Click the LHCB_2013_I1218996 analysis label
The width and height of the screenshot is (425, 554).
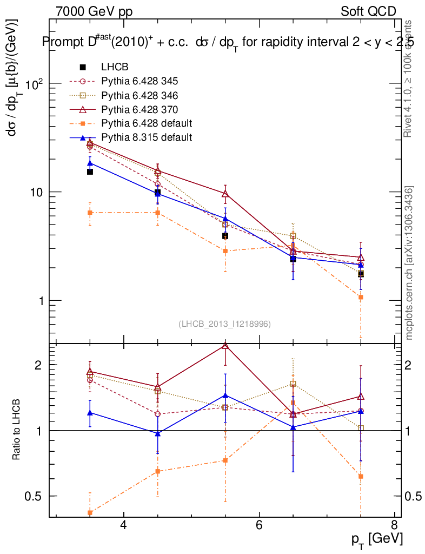tap(224, 324)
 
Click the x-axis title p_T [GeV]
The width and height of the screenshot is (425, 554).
tap(377, 539)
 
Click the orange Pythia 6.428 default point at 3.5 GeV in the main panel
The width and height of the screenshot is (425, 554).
tap(90, 213)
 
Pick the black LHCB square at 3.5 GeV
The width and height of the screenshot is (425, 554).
tap(90, 172)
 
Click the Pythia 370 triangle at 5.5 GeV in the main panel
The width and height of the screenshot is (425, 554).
tap(225, 194)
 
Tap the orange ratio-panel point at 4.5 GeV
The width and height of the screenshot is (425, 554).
tap(157, 471)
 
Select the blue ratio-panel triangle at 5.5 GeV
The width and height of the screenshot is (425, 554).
tap(225, 395)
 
